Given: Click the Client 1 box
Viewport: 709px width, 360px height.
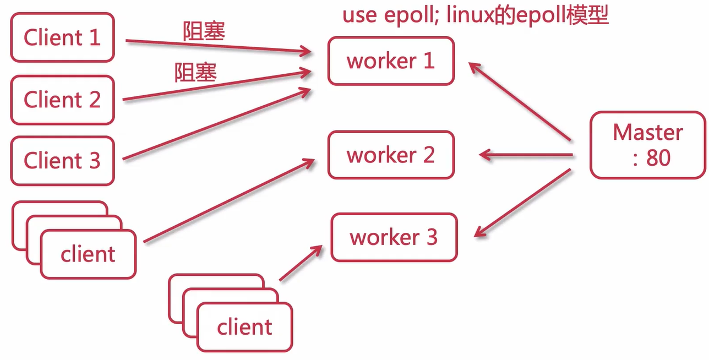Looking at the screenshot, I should (x=62, y=38).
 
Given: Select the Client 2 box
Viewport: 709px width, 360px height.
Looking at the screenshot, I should (x=62, y=100).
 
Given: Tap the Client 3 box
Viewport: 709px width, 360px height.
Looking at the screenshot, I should (x=62, y=161).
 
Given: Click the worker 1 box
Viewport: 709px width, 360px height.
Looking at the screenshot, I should (x=391, y=61).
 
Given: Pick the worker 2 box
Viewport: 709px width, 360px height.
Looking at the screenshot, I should (x=391, y=155).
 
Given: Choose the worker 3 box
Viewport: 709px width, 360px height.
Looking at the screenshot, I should (x=394, y=238).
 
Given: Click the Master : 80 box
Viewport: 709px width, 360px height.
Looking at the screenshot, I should (x=648, y=145).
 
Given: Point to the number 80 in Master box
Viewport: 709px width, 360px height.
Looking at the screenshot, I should (x=658, y=159).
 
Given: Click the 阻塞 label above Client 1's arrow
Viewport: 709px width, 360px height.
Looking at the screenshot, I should (x=204, y=31).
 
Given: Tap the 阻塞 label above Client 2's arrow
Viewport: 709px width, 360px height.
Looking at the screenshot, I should (x=195, y=73).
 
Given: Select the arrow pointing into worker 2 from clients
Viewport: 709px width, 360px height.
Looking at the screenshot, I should (x=228, y=200).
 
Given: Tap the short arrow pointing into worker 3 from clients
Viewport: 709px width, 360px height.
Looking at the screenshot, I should (x=300, y=263).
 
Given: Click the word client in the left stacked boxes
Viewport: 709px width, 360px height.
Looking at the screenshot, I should (x=88, y=255).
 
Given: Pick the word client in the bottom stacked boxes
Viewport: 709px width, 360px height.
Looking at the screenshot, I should (x=244, y=327).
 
